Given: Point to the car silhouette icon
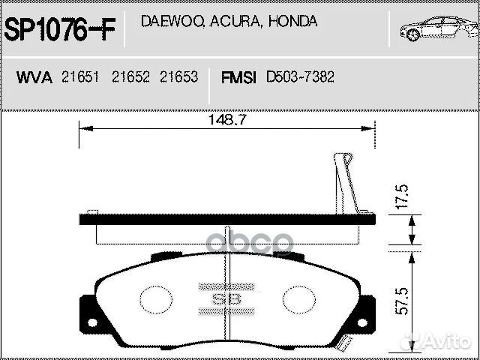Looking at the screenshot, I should [436, 29].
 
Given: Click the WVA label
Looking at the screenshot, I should [34, 77].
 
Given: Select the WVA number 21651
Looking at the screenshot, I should [80, 77].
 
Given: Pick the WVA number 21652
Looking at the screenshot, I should [130, 77].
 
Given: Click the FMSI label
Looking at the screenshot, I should [238, 77].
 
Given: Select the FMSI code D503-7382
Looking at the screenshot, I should [300, 77].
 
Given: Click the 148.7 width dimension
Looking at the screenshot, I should [228, 119].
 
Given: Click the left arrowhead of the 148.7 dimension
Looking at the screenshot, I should [83, 128].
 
